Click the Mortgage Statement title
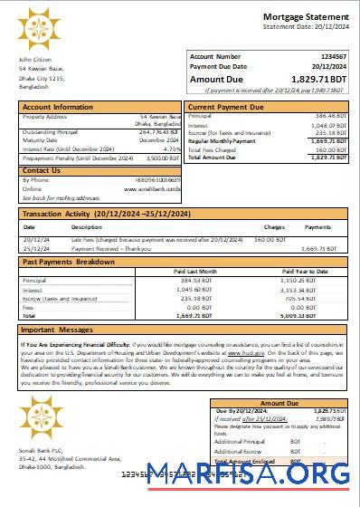click(305, 17)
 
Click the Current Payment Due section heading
click(225, 107)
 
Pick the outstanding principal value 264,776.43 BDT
click(161, 133)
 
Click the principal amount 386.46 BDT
click(330, 117)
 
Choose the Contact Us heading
click(42, 170)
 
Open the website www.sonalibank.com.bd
click(153, 189)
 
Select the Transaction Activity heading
click(106, 214)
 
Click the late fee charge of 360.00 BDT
click(270, 239)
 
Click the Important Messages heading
click(57, 330)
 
